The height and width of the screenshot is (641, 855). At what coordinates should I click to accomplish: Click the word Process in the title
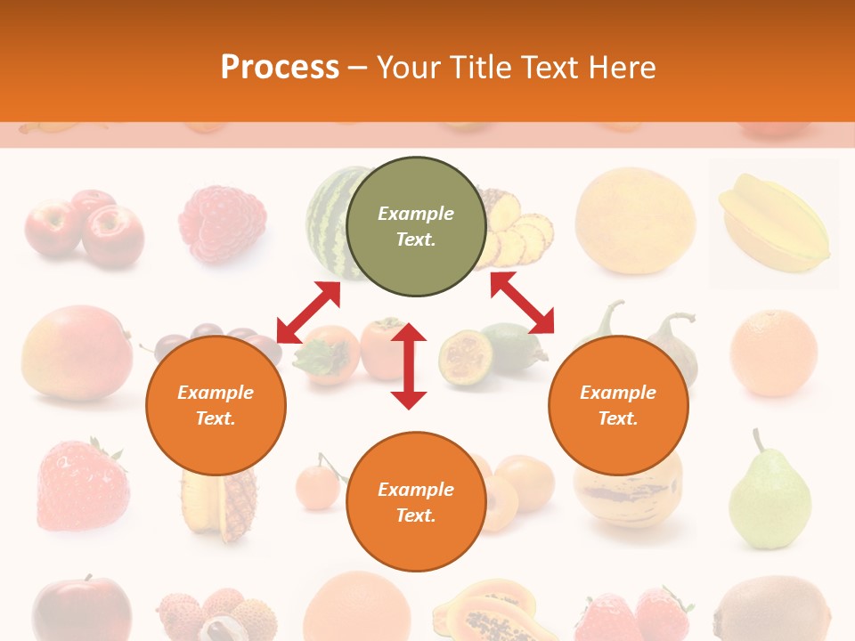click(x=280, y=68)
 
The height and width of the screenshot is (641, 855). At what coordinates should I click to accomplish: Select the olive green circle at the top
click(x=416, y=226)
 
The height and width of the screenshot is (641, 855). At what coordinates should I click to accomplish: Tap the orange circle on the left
click(x=216, y=405)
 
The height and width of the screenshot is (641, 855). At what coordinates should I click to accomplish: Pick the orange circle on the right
click(x=618, y=405)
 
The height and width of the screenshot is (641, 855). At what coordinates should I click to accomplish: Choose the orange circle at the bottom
click(x=416, y=502)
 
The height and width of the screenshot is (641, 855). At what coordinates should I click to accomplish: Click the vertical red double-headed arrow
click(x=409, y=366)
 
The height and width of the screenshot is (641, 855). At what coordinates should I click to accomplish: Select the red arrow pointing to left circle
click(x=308, y=312)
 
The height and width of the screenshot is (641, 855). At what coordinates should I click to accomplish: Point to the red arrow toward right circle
click(x=522, y=303)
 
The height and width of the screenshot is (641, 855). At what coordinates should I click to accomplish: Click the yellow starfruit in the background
click(x=773, y=223)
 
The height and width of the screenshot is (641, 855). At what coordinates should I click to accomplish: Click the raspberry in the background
click(x=223, y=223)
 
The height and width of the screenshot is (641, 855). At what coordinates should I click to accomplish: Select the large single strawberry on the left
click(x=83, y=485)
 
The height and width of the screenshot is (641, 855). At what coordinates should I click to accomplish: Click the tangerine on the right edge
click(x=773, y=353)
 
